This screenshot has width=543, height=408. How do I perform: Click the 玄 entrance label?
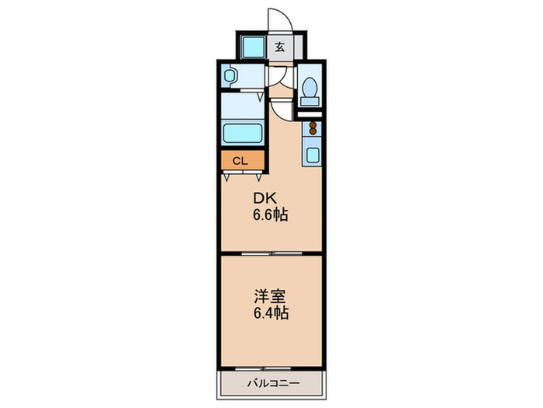280,47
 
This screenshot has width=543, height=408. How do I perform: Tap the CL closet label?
240,161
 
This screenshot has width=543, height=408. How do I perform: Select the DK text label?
265,198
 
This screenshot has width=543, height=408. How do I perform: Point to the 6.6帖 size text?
271,215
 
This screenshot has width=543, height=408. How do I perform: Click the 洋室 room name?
271,297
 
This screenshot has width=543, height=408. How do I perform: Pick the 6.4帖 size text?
271,313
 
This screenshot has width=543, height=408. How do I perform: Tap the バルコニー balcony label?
273,383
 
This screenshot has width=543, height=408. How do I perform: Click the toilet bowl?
310,87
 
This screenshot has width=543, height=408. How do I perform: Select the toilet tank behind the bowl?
310,101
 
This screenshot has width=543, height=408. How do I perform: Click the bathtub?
242,133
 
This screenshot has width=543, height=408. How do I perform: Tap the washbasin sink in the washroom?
230,75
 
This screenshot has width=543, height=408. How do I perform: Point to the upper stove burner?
313,125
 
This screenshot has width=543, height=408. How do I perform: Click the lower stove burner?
313,131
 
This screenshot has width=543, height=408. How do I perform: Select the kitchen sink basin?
313,155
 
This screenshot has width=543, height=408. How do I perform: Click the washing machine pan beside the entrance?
253,47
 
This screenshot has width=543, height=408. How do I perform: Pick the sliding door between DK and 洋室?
271,254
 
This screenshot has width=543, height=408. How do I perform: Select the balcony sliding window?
263,368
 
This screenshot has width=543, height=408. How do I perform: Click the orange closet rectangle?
243,160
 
